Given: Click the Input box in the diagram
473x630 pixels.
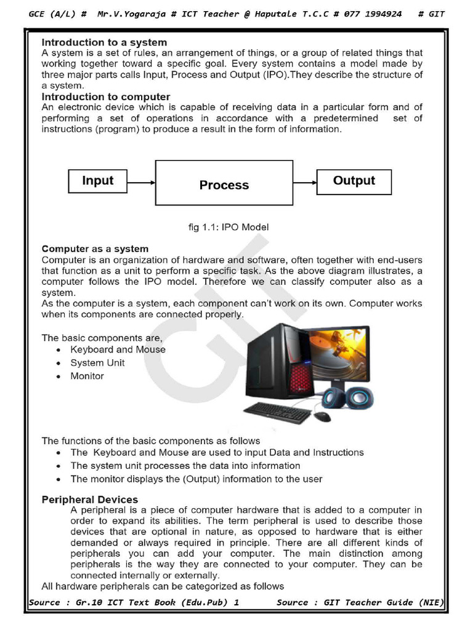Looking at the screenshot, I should [x=98, y=181].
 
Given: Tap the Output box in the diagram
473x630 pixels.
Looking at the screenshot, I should [x=354, y=181].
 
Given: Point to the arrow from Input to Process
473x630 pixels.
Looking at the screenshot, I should [x=142, y=182].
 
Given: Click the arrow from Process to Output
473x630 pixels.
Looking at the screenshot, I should [x=304, y=182].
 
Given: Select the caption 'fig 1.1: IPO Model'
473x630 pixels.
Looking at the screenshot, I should [x=228, y=227].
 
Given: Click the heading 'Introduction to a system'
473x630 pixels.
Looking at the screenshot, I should [x=104, y=42].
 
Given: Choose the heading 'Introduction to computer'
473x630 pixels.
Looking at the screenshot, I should [x=106, y=97].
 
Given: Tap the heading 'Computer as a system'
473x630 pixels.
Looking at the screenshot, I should [x=95, y=249].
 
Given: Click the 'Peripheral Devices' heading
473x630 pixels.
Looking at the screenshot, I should [x=90, y=500].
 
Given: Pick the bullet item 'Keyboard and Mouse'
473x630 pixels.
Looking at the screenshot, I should [x=118, y=349].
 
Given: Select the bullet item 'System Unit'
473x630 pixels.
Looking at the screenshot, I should [x=97, y=363].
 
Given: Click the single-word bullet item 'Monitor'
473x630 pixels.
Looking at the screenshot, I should [x=87, y=376].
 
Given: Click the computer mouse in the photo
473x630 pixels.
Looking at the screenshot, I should [x=322, y=417].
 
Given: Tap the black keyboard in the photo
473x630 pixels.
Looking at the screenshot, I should [x=278, y=412].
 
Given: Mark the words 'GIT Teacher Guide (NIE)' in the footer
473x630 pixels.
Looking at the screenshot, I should [x=383, y=602].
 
